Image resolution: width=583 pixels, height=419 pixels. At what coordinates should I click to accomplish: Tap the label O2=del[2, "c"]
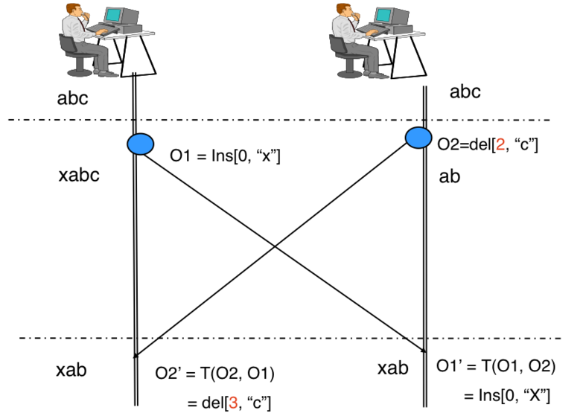click(488, 145)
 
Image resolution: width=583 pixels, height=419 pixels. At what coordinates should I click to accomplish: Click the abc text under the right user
click(465, 92)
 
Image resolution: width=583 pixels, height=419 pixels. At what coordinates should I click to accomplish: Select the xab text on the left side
click(76, 371)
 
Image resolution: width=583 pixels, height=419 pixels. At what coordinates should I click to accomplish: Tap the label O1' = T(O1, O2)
click(495, 365)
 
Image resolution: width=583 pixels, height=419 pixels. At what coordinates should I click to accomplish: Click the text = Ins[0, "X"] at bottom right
click(508, 394)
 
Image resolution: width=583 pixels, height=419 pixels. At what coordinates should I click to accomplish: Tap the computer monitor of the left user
click(114, 16)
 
